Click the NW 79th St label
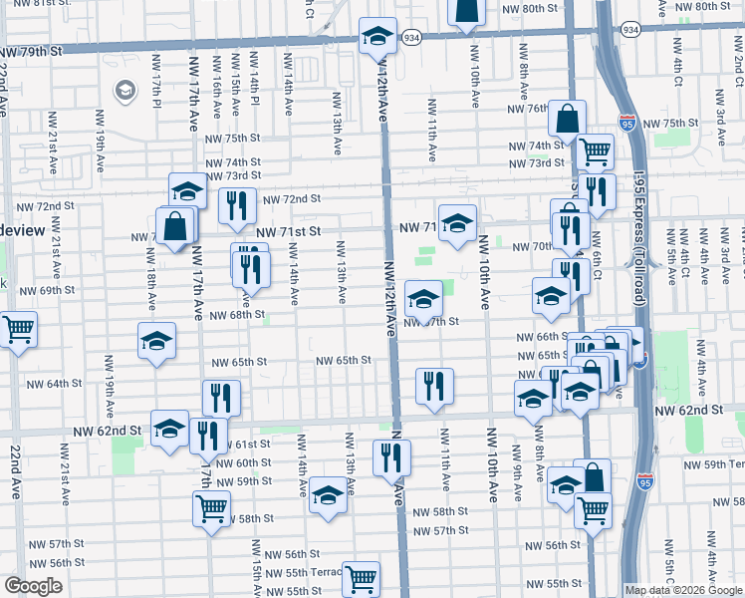[x=32, y=50]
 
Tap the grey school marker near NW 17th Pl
[x=124, y=92]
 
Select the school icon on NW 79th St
[x=377, y=37]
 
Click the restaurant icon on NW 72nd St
[x=237, y=205]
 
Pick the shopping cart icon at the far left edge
[x=17, y=328]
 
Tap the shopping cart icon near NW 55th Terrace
[x=361, y=577]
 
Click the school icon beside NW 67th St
[x=424, y=298]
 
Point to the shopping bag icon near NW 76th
[x=567, y=119]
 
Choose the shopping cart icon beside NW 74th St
[x=595, y=151]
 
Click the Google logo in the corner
[x=33, y=586]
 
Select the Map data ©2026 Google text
[x=684, y=590]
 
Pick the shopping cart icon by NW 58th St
[x=212, y=507]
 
